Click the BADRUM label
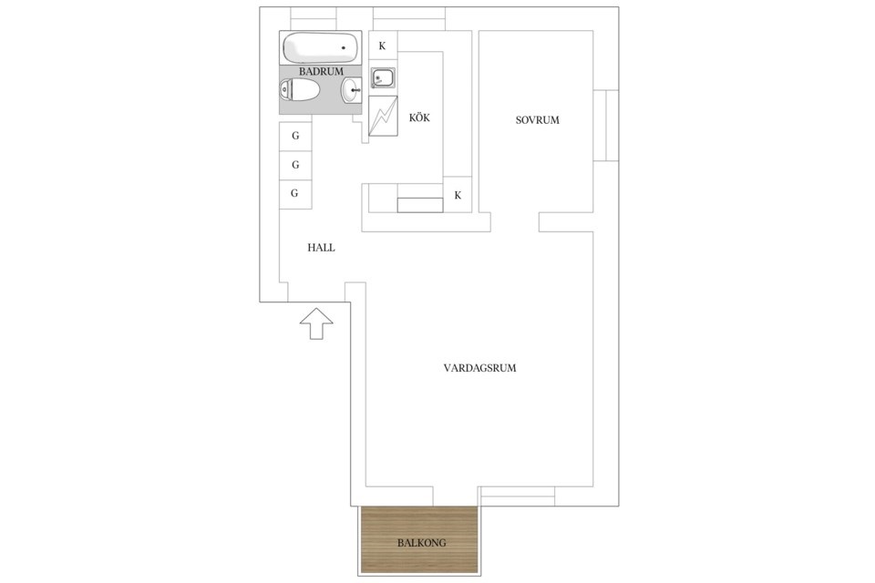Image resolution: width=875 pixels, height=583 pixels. coord(321,71)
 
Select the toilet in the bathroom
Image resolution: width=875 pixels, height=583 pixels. coord(299,90)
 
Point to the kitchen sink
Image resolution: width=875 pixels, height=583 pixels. coord(383,78)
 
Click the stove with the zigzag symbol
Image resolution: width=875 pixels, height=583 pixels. coord(383,116)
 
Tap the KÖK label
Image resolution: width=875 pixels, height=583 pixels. coord(419,118)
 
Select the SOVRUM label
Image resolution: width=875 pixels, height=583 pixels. coord(538,120)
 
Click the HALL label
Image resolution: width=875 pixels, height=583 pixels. coord(322,248)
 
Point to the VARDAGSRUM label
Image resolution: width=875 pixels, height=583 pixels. coord(480,368)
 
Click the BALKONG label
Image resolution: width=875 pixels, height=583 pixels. coord(422,542)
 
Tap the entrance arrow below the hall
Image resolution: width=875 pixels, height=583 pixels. coord(316,323)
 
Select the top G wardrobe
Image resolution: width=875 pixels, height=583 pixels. coord(295,136)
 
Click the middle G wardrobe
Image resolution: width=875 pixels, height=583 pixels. coord(295,165)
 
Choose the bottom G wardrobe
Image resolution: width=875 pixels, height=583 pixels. coord(295,194)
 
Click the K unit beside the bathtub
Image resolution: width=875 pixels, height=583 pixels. coord(383,46)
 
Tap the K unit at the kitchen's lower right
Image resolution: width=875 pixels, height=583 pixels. coord(458,195)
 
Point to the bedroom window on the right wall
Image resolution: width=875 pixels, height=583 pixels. coord(606,126)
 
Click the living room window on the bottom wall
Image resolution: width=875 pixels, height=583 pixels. coord(518,496)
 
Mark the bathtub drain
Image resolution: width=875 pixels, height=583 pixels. coord(344,48)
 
